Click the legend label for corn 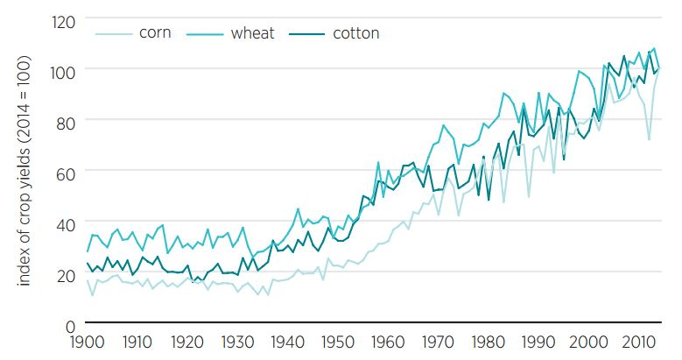click(154, 33)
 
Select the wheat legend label click(252, 33)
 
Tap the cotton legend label click(355, 33)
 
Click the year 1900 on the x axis click(88, 341)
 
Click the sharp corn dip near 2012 click(649, 138)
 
